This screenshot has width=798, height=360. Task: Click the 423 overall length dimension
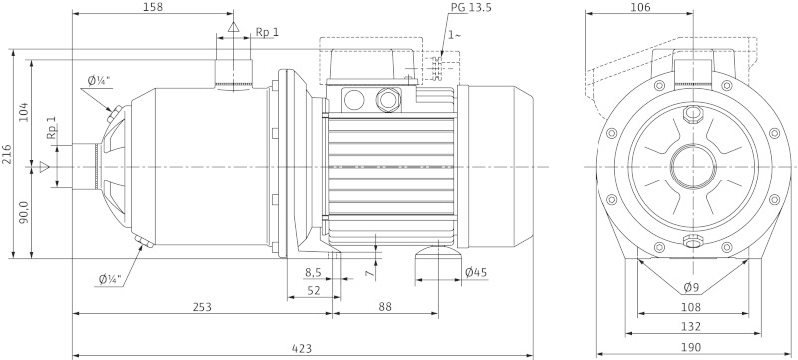point(302,349)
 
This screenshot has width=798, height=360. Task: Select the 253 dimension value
point(201,307)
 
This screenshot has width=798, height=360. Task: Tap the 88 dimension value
point(385,307)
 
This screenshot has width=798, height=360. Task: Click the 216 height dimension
point(8,154)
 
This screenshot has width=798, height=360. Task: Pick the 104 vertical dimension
point(24,112)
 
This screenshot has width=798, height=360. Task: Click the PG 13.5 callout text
point(471,8)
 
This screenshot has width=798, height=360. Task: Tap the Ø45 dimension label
point(476,272)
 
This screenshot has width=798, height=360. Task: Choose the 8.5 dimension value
point(313,272)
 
